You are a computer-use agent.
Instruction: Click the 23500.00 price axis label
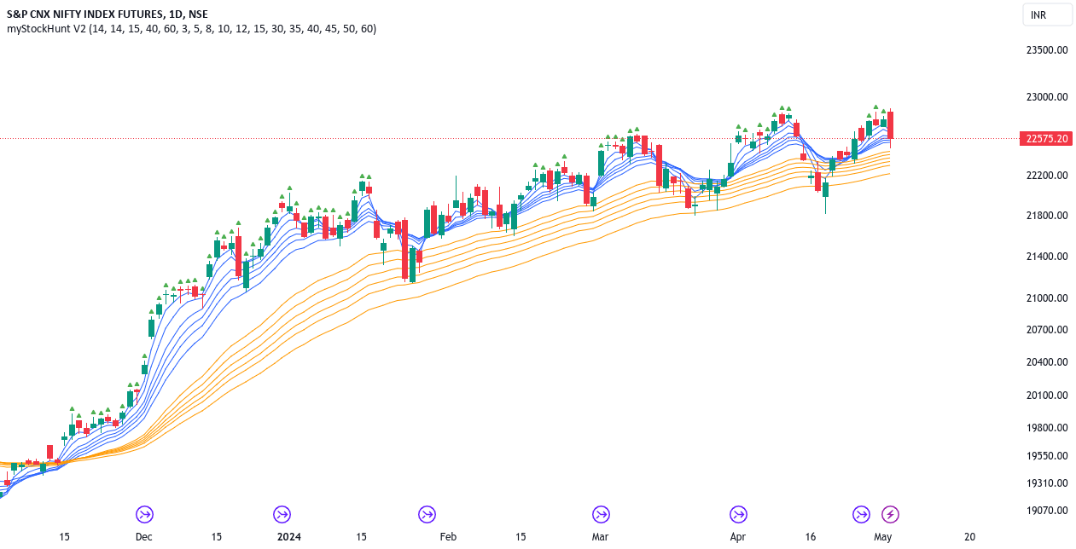click(1047, 49)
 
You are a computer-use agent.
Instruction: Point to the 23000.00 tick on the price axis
click(1047, 97)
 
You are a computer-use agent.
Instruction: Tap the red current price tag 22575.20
click(1047, 139)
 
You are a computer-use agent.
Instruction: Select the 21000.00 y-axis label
click(1047, 298)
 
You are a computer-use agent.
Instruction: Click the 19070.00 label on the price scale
click(1047, 511)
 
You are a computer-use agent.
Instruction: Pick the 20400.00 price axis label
click(1047, 362)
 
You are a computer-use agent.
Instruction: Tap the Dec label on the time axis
click(143, 537)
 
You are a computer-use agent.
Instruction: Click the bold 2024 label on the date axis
click(289, 537)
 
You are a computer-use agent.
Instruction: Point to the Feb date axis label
click(448, 537)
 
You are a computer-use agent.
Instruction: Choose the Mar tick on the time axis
click(601, 537)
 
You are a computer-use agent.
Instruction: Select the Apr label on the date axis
click(738, 537)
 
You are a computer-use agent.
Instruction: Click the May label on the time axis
click(882, 537)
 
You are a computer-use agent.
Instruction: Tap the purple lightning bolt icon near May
click(890, 514)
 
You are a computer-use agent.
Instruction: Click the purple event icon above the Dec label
click(143, 514)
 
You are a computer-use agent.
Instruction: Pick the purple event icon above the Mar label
click(601, 514)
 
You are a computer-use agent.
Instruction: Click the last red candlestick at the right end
click(890, 125)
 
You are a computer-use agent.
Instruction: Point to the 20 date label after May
click(969, 537)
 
